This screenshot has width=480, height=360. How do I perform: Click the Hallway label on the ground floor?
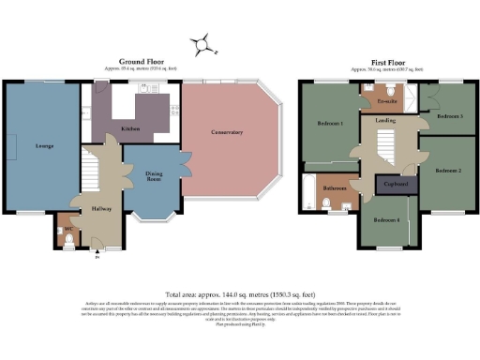pos(101,208)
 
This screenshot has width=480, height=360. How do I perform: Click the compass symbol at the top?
pos(202,43)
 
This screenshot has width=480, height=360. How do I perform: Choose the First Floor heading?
pos(386,64)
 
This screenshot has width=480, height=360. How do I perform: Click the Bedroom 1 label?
pos(330,124)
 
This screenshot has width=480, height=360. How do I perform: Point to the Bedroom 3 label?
pos(451,116)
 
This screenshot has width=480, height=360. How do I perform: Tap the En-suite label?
pos(384,99)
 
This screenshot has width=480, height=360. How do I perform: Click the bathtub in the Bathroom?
pos(308,193)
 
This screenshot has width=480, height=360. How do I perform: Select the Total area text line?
pos(239,293)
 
